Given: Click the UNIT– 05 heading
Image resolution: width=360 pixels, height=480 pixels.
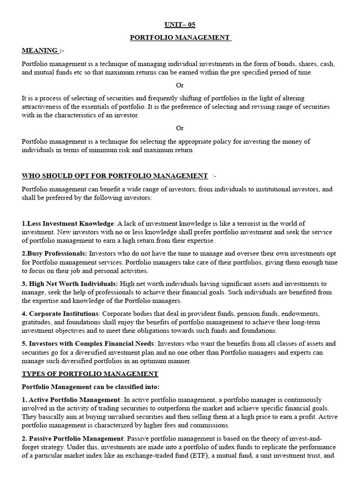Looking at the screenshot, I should click(x=180, y=25).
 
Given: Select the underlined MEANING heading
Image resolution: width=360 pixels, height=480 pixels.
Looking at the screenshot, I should click(x=40, y=50).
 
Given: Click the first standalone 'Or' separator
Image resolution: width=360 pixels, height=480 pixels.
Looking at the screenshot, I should click(x=180, y=85).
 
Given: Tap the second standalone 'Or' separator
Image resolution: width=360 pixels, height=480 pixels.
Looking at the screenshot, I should click(x=180, y=128).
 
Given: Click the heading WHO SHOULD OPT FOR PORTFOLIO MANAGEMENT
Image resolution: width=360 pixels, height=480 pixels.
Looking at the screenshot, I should click(x=115, y=176).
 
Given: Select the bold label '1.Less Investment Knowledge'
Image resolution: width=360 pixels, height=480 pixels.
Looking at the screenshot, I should click(x=68, y=224).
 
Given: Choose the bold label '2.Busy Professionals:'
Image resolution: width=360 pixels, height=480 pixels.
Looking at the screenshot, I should click(x=54, y=254).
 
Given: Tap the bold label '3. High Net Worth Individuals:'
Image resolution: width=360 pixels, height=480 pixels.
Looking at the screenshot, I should click(x=70, y=284).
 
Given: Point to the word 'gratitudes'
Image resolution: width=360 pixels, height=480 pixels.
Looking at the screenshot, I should click(x=37, y=322).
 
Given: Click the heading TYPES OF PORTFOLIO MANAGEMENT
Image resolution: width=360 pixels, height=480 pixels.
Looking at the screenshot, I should click(x=90, y=374).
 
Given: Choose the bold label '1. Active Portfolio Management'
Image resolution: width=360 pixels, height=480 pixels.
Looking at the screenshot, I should click(x=71, y=399).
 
